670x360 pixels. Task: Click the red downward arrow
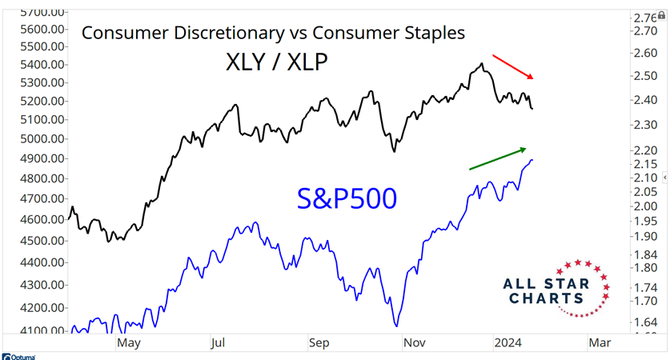point(512,66)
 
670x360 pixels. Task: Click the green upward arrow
point(498,158)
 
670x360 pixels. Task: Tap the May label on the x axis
point(129,342)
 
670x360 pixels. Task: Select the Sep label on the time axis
point(319,342)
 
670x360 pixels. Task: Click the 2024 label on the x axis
point(509,342)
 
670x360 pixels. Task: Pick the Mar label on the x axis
point(600,342)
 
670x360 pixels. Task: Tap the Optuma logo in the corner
point(19,356)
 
